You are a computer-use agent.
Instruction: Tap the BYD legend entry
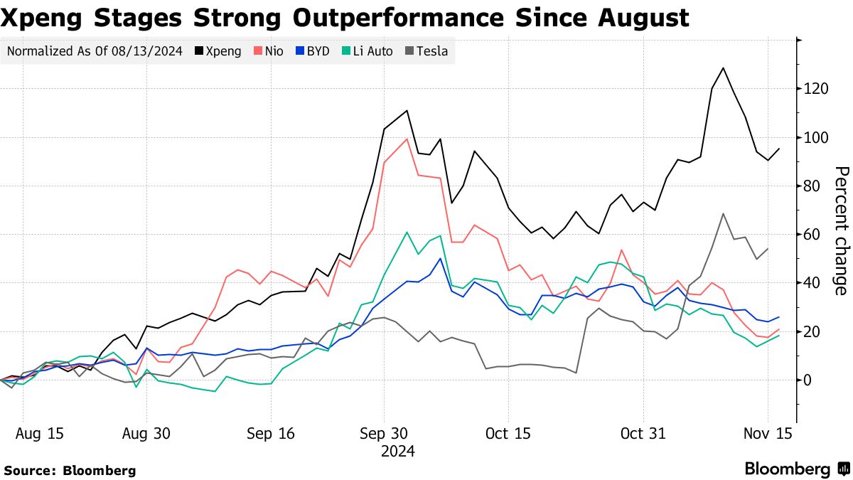(312, 51)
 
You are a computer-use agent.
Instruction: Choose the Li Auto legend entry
(368, 51)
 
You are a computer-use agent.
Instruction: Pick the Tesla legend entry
(427, 51)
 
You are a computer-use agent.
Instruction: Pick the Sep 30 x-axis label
(384, 433)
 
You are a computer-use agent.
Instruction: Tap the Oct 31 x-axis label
(643, 433)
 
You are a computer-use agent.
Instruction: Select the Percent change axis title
(840, 230)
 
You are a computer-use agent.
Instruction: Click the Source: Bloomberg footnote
(70, 470)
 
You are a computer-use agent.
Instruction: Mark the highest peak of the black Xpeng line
(723, 68)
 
